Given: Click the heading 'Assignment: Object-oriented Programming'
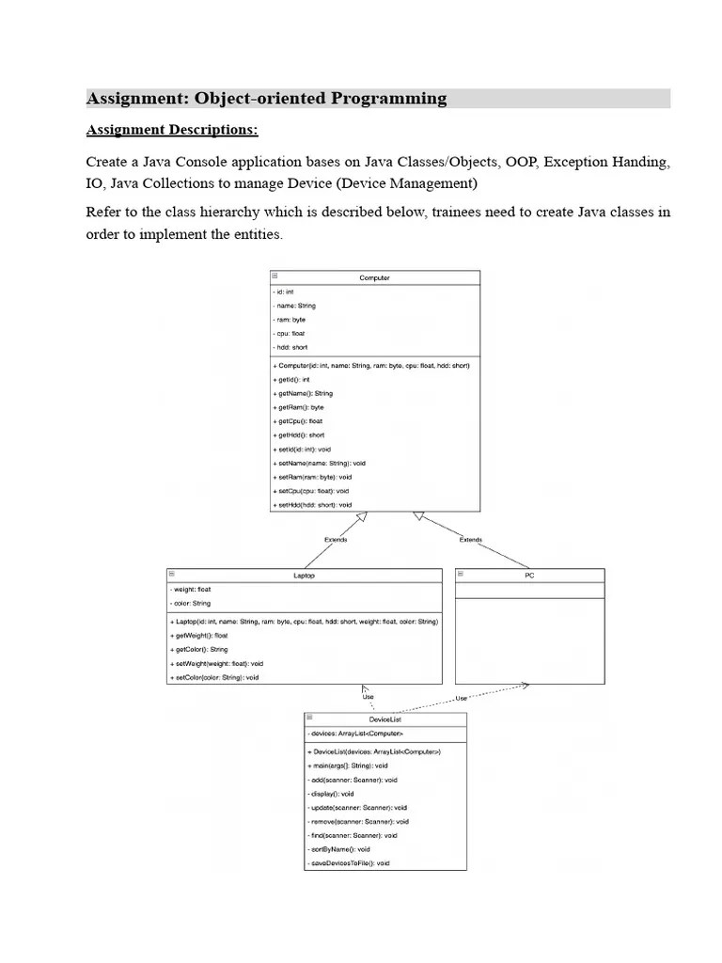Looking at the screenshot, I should tap(266, 99).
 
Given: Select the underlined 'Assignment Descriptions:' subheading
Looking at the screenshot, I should tap(172, 130).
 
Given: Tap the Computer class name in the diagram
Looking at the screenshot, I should tap(374, 277).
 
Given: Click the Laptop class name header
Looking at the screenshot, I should tap(304, 575).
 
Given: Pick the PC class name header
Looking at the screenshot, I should tap(529, 575).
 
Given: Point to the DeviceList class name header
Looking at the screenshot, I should tap(385, 718).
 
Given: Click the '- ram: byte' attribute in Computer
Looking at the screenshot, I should tap(290, 320).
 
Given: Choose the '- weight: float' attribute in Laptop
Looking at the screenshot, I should tap(191, 590).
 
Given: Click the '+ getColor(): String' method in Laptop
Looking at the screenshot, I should tap(199, 649).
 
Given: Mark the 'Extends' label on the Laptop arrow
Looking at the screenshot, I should tap(336, 540).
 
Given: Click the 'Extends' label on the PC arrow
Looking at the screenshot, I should tap(470, 540).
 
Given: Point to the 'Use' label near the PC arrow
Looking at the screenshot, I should tap(461, 698).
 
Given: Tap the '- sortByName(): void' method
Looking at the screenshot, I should tap(339, 849).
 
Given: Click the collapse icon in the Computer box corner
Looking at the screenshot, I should tap(275, 276).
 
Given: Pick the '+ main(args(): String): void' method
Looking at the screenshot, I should tap(347, 766).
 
